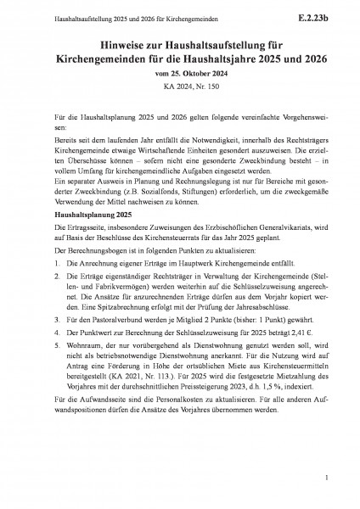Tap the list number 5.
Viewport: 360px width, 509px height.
55,371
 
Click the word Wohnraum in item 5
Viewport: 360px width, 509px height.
85,371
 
